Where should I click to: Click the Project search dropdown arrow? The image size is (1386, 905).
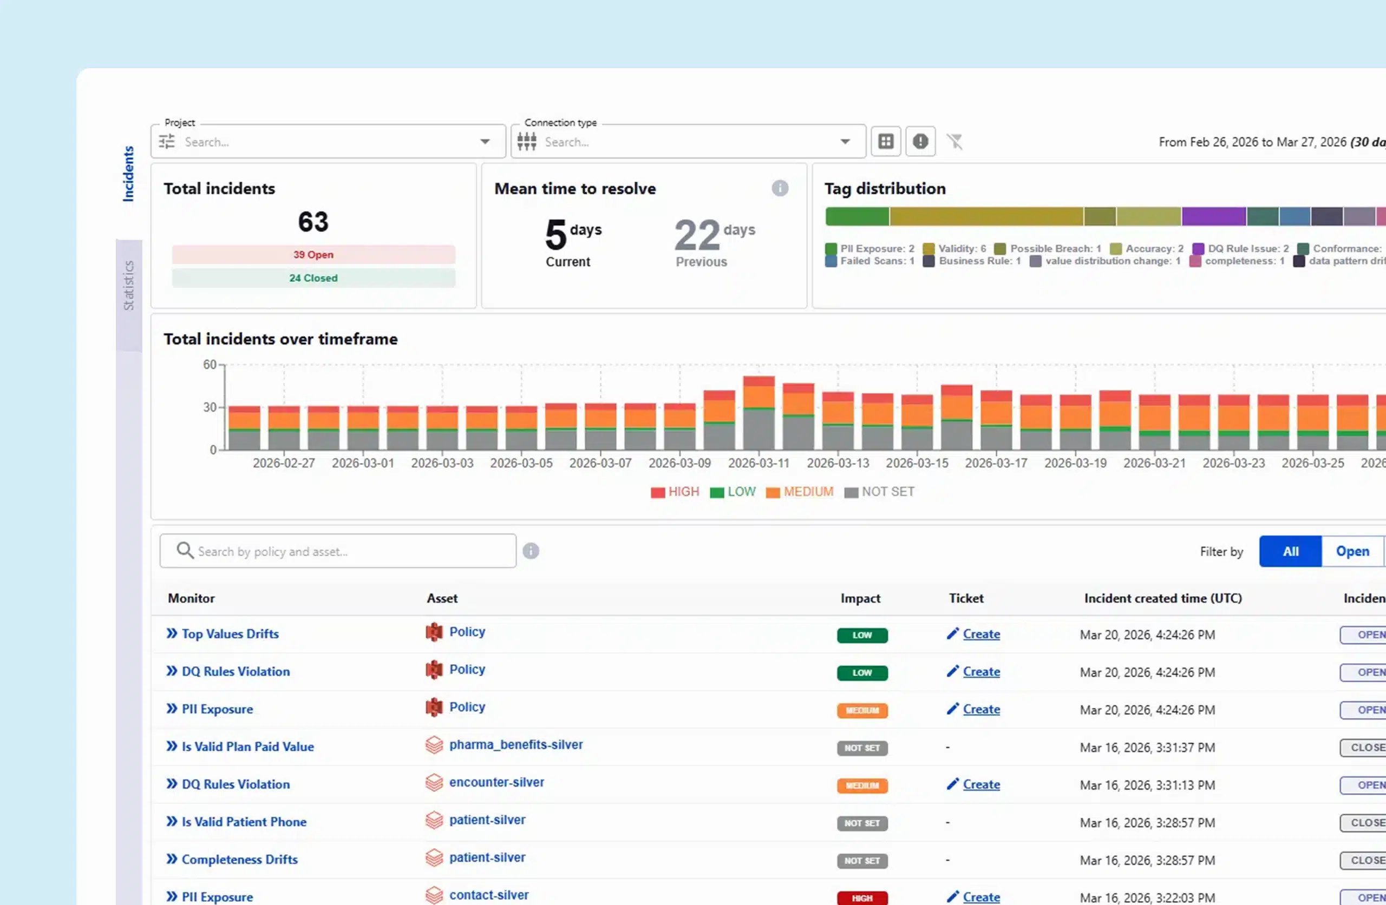click(x=485, y=141)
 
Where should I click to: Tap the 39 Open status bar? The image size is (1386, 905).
click(x=313, y=255)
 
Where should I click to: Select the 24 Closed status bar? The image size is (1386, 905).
click(x=313, y=278)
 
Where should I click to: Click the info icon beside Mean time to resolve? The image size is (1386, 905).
click(x=780, y=188)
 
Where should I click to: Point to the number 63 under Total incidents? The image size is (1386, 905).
click(x=313, y=222)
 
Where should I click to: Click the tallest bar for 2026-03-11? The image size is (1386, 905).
click(x=759, y=413)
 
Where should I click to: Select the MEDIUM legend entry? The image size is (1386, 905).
click(x=800, y=492)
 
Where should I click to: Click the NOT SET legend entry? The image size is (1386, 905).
click(x=879, y=492)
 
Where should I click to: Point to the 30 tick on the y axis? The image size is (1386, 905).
click(x=210, y=407)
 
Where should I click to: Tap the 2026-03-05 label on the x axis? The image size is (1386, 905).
click(x=521, y=463)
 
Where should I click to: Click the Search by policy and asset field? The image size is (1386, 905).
click(x=338, y=551)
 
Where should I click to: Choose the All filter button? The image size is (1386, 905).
click(x=1290, y=551)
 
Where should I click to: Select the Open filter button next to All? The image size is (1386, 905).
click(x=1352, y=551)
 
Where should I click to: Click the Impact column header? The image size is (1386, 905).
click(x=860, y=598)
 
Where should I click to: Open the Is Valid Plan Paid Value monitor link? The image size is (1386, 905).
click(x=247, y=747)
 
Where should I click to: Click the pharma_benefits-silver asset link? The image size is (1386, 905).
click(x=515, y=745)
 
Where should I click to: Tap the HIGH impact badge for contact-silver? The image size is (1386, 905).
click(x=862, y=898)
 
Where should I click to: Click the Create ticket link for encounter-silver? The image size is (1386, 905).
click(x=980, y=784)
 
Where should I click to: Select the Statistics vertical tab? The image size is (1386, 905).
click(x=129, y=285)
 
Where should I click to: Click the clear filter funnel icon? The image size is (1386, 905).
click(x=954, y=141)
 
